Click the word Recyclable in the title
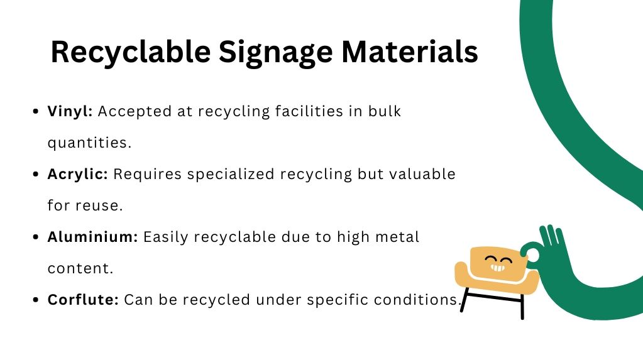click(129, 52)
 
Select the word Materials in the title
click(410, 52)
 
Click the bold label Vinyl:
click(70, 111)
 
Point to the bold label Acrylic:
click(78, 174)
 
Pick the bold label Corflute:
click(83, 300)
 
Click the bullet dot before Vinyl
click(35, 112)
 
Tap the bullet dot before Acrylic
click(35, 175)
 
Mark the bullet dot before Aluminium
click(35, 237)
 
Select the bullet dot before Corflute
click(35, 300)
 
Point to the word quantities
click(89, 143)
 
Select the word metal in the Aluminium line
click(397, 237)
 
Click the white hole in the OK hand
click(533, 254)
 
